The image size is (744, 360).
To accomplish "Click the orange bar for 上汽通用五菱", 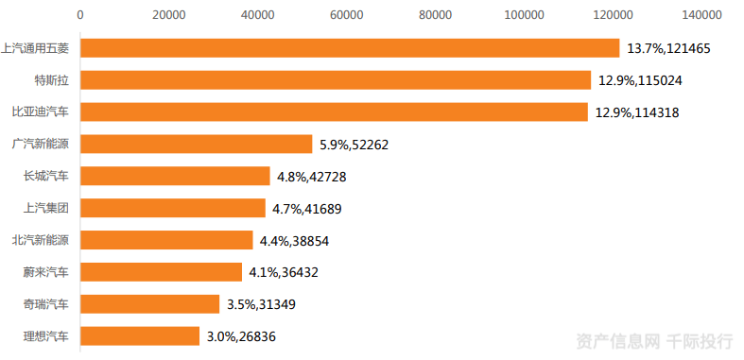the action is [350, 48].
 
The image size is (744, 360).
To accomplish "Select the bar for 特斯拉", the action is [336, 80].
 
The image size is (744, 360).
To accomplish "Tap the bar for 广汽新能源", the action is [196, 145].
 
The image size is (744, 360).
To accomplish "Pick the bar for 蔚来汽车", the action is [161, 272].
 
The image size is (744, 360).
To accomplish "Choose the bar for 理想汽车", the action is [140, 336].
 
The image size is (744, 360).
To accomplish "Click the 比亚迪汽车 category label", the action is [41, 112].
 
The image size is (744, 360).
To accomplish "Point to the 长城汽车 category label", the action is [46, 177].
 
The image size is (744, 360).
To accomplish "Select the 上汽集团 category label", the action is [46, 208].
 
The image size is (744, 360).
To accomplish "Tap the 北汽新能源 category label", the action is [41, 241].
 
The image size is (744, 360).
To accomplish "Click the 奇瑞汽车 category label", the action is [46, 304].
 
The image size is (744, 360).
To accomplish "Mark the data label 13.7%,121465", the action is [668, 48].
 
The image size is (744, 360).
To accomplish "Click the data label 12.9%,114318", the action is [637, 112].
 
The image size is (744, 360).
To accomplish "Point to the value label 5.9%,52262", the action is [354, 145].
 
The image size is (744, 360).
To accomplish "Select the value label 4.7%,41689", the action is [306, 209].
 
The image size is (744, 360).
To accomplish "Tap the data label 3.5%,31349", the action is [261, 304].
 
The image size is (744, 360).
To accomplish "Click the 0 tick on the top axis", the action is [80, 15].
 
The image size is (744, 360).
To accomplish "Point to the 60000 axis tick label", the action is [346, 15].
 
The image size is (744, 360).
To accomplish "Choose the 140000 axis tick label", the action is [701, 15].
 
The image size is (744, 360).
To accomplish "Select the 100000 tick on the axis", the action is [524, 15].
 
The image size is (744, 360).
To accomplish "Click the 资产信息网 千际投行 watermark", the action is [654, 341].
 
